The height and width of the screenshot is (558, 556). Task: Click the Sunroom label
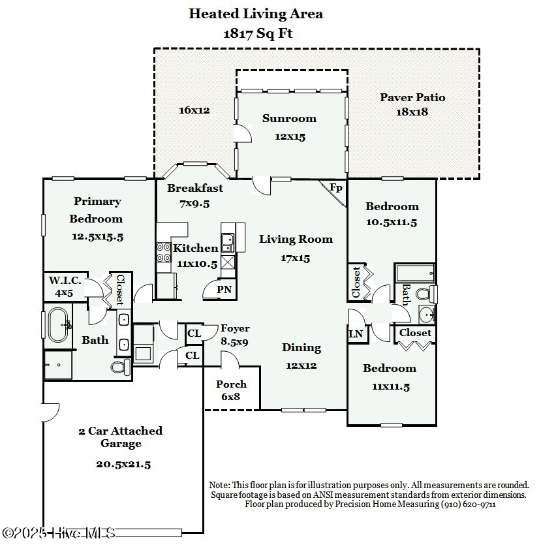(289, 118)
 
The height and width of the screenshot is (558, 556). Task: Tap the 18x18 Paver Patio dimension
(412, 112)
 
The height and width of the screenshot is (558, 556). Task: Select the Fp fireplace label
(335, 187)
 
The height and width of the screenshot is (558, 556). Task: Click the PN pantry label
(224, 289)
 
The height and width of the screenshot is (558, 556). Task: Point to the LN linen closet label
(356, 333)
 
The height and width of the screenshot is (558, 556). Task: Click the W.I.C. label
(65, 281)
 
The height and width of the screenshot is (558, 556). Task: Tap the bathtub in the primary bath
(58, 325)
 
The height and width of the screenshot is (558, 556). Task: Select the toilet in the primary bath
(121, 367)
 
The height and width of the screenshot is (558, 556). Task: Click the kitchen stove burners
(164, 252)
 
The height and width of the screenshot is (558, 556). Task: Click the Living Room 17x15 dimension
(295, 258)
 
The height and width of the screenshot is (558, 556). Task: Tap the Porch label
(231, 384)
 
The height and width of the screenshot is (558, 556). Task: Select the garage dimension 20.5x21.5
(123, 465)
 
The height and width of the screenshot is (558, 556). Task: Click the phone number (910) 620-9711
(468, 504)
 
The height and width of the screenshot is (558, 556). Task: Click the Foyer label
(235, 328)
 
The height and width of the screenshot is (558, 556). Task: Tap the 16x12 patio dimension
(194, 110)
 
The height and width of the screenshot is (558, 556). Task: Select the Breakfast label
(195, 188)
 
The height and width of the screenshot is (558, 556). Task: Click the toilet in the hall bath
(426, 294)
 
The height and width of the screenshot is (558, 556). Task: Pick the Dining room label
(301, 348)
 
